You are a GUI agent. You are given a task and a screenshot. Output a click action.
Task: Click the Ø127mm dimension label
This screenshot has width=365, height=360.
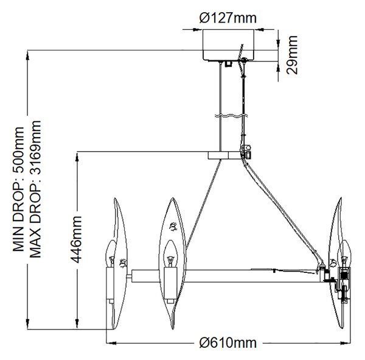(x=228, y=18)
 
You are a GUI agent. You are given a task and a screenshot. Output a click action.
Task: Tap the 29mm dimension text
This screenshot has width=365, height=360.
(x=292, y=55)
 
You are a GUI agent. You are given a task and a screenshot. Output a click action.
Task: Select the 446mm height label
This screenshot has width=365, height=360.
(x=76, y=239)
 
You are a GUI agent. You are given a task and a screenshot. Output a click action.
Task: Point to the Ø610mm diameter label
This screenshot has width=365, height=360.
(x=228, y=343)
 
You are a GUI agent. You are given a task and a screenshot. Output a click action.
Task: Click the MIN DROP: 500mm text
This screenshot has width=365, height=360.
(x=18, y=189)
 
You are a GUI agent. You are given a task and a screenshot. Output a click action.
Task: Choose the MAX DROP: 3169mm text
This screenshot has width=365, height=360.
(x=36, y=189)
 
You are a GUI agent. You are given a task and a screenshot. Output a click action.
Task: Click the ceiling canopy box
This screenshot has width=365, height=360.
(x=228, y=45)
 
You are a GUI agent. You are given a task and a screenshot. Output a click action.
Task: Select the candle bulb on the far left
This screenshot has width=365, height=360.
(x=111, y=253)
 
